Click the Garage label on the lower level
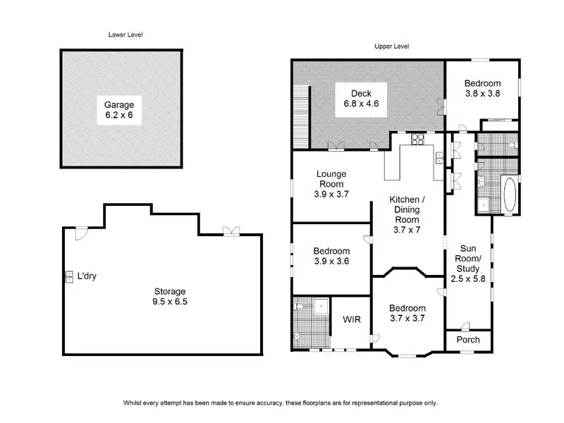pyautogui.click(x=119, y=104)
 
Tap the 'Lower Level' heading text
pyautogui.click(x=125, y=34)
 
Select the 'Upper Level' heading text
pyautogui.click(x=391, y=47)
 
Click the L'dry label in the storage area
pyautogui.click(x=86, y=276)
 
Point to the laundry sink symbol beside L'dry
pyautogui.click(x=69, y=276)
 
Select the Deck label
pyautogui.click(x=361, y=93)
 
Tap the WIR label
pyautogui.click(x=352, y=320)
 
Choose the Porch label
pyautogui.click(x=468, y=340)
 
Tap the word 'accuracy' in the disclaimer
pyautogui.click(x=264, y=403)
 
